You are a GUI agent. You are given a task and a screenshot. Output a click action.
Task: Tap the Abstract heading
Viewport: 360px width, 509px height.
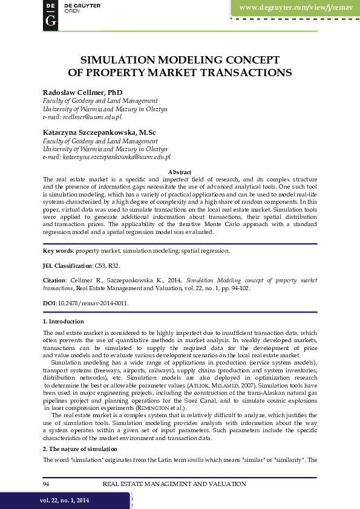(x=180, y=172)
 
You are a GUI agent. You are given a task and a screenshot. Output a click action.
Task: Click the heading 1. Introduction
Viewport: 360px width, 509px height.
(x=64, y=322)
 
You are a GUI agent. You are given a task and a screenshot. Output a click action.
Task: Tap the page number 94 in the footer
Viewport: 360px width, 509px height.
(x=47, y=484)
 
